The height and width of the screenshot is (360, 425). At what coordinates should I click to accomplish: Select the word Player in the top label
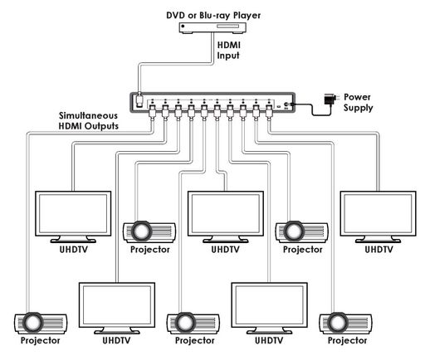(x=247, y=16)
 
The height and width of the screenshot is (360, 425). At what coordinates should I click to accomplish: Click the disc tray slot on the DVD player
(x=227, y=27)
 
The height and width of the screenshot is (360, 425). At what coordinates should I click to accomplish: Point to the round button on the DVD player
(x=183, y=27)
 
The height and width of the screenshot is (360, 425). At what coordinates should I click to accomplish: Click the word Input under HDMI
(x=228, y=56)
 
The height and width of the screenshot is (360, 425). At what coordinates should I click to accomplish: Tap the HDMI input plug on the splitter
(x=139, y=100)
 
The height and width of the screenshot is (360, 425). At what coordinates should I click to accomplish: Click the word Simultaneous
(x=88, y=115)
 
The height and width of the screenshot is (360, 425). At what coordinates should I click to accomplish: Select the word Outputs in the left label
(x=101, y=126)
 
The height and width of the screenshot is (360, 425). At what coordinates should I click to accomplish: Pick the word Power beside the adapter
(x=357, y=97)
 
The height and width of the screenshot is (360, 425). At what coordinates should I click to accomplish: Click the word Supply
(x=358, y=108)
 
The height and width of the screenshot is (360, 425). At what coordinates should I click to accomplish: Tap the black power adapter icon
(x=330, y=99)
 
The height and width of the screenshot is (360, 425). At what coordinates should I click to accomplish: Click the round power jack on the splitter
(x=286, y=105)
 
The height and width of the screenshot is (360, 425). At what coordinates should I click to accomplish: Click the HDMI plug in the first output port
(x=152, y=112)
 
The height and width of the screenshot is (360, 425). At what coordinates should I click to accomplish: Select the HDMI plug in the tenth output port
(x=269, y=112)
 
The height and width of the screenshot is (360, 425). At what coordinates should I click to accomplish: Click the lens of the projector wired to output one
(x=32, y=323)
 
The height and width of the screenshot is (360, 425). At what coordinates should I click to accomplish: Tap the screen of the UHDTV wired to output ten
(x=378, y=213)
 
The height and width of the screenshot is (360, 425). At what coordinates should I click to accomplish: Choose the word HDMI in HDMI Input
(x=228, y=45)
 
